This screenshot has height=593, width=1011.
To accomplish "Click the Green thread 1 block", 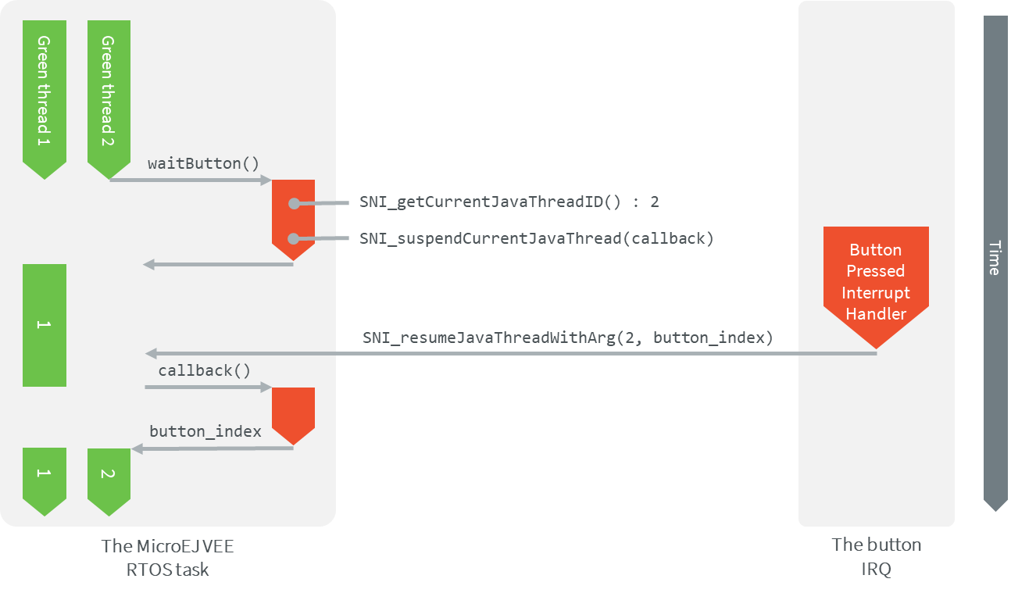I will click(45, 94).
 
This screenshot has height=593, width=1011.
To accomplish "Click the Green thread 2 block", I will click(109, 94).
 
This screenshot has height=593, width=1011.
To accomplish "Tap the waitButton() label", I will click(203, 163).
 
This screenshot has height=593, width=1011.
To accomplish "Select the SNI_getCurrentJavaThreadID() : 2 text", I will click(509, 202).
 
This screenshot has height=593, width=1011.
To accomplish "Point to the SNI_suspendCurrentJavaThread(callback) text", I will click(536, 238).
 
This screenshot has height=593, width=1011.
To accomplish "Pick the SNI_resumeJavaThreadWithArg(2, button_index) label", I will click(567, 338).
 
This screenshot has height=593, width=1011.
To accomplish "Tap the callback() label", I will click(205, 370).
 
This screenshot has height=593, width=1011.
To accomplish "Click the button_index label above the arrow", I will click(205, 431).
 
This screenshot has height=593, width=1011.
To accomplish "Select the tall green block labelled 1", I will click(45, 325).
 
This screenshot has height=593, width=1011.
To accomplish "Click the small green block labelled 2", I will click(109, 476).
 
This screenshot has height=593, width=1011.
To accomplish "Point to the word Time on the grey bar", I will click(995, 257).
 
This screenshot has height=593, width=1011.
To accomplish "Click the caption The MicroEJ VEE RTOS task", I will click(167, 557).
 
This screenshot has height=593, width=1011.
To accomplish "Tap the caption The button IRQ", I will click(876, 557).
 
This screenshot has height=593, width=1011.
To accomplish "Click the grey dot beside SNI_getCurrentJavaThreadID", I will click(294, 203).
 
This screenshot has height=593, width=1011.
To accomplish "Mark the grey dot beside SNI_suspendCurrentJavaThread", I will click(294, 238).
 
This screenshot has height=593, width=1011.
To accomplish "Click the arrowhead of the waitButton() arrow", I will click(266, 181).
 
